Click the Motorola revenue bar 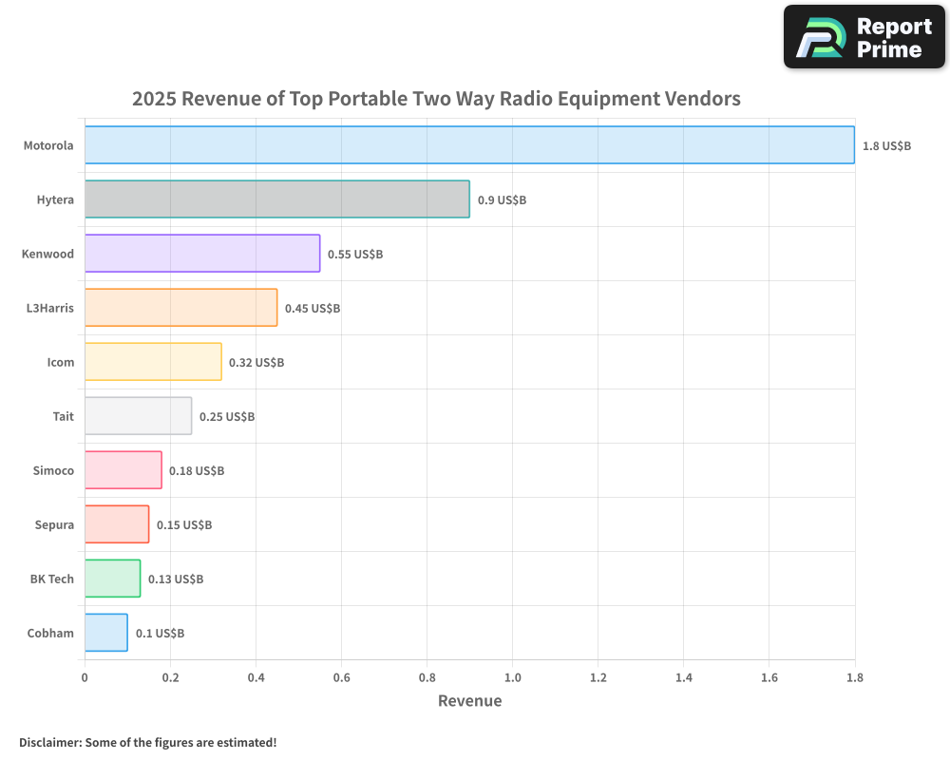(x=469, y=145)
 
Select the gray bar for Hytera (x=276, y=199)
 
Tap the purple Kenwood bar (x=202, y=254)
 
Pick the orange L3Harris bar (x=180, y=308)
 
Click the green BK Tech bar (x=112, y=579)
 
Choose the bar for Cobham (x=105, y=633)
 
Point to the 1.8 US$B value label (x=886, y=146)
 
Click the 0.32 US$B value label (x=256, y=363)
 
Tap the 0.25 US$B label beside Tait (x=227, y=417)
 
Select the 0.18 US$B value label (x=197, y=471)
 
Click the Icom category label (x=60, y=362)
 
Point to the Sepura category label (x=53, y=524)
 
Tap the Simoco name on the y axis (x=53, y=470)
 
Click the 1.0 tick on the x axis (x=512, y=678)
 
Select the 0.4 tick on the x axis (x=256, y=678)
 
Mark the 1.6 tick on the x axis (x=769, y=678)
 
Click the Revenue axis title (x=469, y=701)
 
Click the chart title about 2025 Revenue (x=436, y=99)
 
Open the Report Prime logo (x=864, y=37)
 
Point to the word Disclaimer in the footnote (x=49, y=742)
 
